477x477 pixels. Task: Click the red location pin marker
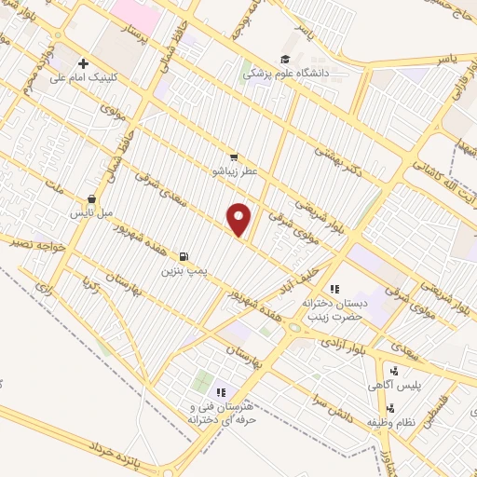click(x=239, y=219)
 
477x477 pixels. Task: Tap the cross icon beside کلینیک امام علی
click(x=84, y=63)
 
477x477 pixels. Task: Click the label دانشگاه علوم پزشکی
click(x=290, y=72)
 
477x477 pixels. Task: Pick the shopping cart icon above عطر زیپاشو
click(x=234, y=157)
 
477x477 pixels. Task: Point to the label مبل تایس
click(x=93, y=212)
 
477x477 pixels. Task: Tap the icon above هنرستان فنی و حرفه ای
click(x=222, y=393)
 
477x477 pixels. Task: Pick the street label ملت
click(x=56, y=191)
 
